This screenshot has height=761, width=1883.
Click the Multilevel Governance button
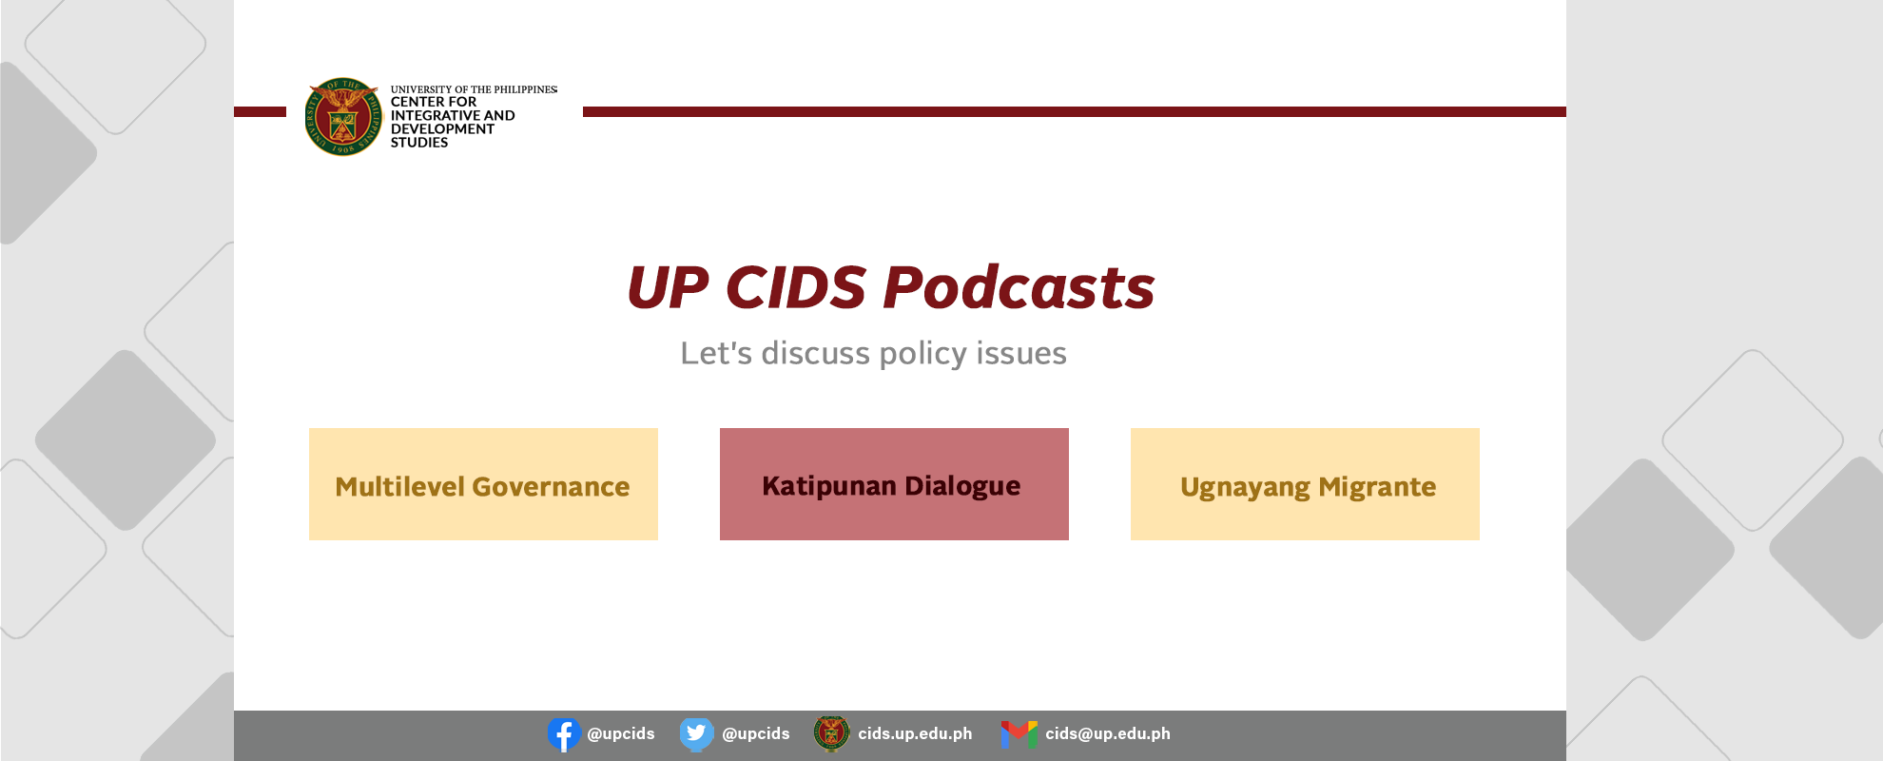tap(483, 484)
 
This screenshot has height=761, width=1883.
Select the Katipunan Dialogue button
tap(894, 484)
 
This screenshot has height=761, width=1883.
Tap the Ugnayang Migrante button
tap(1305, 484)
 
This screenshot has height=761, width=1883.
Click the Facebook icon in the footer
tap(564, 734)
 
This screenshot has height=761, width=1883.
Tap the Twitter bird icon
tap(696, 734)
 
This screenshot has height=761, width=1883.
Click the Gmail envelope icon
tap(1019, 734)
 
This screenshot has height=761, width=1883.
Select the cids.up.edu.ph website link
tap(915, 733)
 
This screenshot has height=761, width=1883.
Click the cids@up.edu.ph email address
tap(1108, 733)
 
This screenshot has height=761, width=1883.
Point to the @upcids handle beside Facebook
tap(621, 733)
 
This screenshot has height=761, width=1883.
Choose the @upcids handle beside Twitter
tap(756, 733)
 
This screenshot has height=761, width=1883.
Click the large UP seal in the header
tap(343, 117)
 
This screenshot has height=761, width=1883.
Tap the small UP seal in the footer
tap(831, 733)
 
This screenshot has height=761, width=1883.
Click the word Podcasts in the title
tap(1019, 287)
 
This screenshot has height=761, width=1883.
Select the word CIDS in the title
tap(795, 287)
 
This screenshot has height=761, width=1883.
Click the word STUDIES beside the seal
tap(419, 143)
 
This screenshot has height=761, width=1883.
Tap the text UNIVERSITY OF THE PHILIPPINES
tap(474, 89)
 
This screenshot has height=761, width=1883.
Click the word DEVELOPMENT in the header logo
tap(442, 129)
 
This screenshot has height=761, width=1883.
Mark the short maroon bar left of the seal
tap(260, 112)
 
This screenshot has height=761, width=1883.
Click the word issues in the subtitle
tap(1021, 353)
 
